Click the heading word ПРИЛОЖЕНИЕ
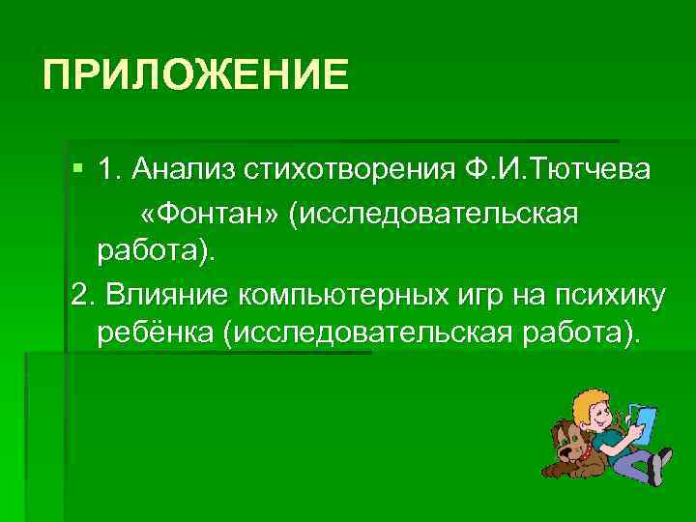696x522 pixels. tap(195, 74)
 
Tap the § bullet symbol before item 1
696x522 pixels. tap(79, 171)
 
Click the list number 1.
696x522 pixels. tap(107, 171)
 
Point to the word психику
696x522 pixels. tap(615, 293)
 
